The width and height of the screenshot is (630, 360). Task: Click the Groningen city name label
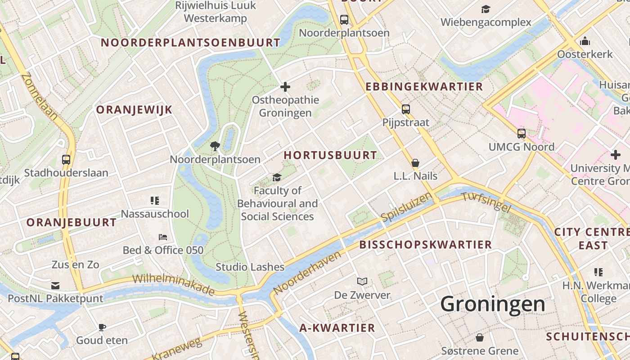(492, 304)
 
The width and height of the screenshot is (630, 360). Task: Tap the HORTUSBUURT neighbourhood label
(330, 155)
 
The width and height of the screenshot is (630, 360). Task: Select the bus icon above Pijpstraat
(406, 109)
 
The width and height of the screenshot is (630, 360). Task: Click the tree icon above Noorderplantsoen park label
(215, 146)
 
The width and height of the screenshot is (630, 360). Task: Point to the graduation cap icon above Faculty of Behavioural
(277, 177)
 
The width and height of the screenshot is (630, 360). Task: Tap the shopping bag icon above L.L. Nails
(415, 163)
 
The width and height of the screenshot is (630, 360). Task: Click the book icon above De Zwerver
(362, 282)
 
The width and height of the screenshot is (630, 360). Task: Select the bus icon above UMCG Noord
(522, 134)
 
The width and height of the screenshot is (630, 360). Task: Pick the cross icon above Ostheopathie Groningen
(285, 87)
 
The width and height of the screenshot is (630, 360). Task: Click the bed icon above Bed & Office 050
(163, 237)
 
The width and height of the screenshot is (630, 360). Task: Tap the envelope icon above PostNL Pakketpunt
(55, 285)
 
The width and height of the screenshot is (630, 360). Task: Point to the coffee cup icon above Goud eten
(102, 327)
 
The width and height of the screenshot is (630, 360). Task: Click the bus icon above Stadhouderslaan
(66, 159)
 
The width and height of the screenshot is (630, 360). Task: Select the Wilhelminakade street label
(173, 284)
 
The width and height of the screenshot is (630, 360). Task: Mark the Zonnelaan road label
(39, 96)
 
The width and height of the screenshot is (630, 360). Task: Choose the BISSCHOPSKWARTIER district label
(425, 245)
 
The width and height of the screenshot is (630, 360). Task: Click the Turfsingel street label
(486, 202)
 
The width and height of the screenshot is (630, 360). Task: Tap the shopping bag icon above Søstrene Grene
(480, 337)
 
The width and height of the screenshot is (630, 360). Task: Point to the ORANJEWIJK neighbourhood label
(134, 110)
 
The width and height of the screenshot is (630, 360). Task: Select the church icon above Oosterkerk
(585, 41)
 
